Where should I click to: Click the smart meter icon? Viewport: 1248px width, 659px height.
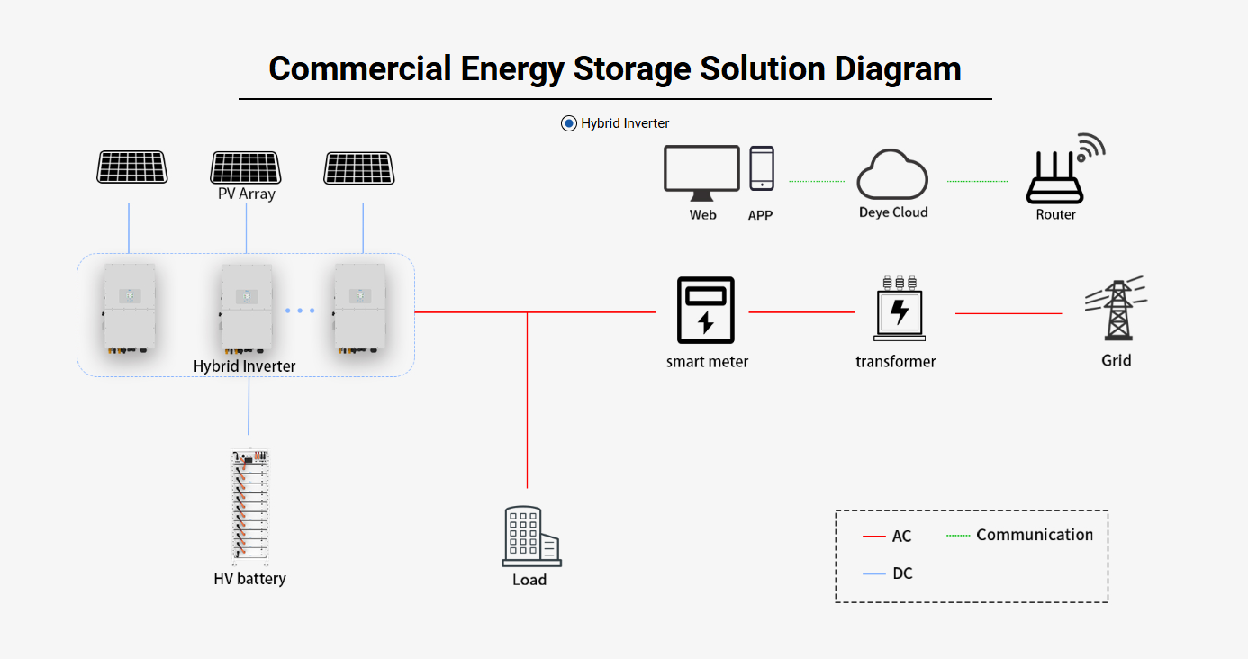[x=706, y=310]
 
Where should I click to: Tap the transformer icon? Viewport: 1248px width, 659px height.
[x=899, y=308]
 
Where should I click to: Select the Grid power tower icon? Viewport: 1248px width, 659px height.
[x=1117, y=309]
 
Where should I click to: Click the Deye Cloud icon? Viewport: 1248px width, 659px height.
[x=891, y=175]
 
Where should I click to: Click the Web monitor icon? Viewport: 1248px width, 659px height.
[x=701, y=172]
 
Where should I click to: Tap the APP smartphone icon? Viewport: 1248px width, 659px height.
[x=762, y=168]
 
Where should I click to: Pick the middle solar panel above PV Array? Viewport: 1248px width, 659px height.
[x=246, y=167]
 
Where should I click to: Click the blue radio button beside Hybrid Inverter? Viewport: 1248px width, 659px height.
[x=569, y=123]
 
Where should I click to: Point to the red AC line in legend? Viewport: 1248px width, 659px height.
[x=874, y=537]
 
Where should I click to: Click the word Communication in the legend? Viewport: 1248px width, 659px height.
[x=1034, y=535]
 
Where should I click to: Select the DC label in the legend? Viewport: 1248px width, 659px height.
[x=902, y=573]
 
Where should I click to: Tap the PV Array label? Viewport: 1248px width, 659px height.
[x=246, y=194]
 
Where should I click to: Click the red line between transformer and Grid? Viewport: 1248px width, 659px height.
[x=1008, y=313]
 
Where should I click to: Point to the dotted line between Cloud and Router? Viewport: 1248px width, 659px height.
[x=978, y=181]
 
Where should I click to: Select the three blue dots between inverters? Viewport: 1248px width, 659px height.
[x=300, y=311]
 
